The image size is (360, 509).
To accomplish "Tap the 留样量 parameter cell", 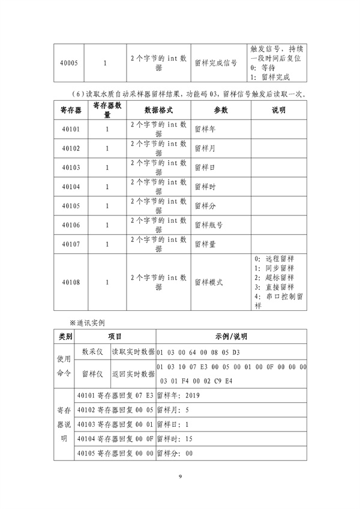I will pyautogui.click(x=206, y=244).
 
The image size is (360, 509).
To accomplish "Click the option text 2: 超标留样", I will pyautogui.click(x=274, y=277).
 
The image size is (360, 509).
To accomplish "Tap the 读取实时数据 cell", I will pyautogui.click(x=133, y=352).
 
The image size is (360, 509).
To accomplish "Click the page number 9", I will pyautogui.click(x=180, y=477).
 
